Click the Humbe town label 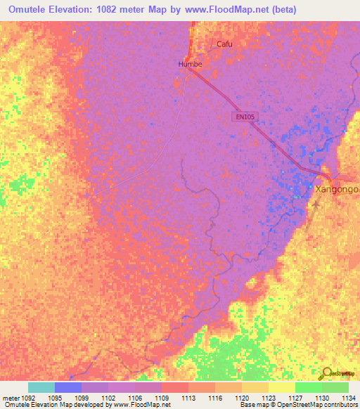pos(190,64)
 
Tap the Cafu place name pos(224,44)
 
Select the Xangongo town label pos(337,190)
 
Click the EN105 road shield pos(243,117)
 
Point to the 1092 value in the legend pos(29,398)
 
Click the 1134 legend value pos(348,398)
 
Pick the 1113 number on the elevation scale pos(188,398)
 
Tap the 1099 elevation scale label pos(82,398)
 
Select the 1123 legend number pos(268,398)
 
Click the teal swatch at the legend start pos(41,387)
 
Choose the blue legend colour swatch pos(68,387)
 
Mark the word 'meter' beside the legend pos(10,398)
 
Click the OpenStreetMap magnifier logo pos(328,373)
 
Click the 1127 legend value pos(295,398)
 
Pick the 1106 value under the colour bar pos(134,398)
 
